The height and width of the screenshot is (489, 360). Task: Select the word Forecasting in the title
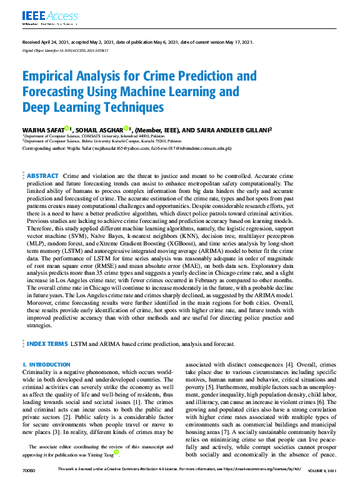point(57,92)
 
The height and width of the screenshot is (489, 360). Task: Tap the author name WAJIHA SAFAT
point(42,129)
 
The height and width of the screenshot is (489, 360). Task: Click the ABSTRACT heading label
point(42,177)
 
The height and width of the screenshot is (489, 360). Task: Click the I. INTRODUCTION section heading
point(46,364)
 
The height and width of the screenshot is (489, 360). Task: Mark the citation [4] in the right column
point(287,363)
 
